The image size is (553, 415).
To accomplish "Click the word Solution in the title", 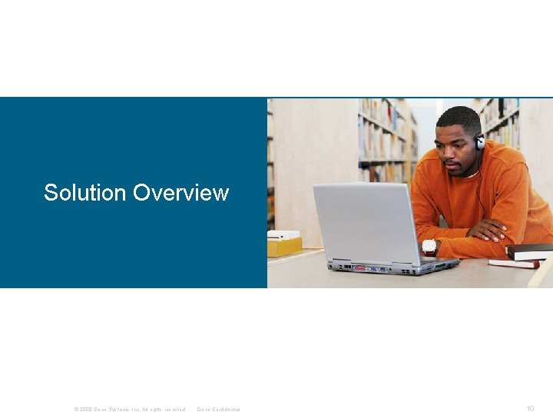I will coord(85,192).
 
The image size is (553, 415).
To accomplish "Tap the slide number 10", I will coord(530,408).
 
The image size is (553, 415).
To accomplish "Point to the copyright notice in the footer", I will coord(130,409).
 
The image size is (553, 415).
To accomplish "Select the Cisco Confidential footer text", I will coord(219,409).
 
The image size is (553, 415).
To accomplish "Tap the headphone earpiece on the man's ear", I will coord(479,142).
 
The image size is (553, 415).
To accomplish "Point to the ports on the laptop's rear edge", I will coord(376,269).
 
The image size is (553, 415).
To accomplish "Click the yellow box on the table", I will coord(284,247).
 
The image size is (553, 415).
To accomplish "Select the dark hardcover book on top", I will coord(530,251).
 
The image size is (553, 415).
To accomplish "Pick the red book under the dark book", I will coord(513,263).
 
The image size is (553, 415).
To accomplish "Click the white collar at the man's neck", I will coord(470,176).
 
